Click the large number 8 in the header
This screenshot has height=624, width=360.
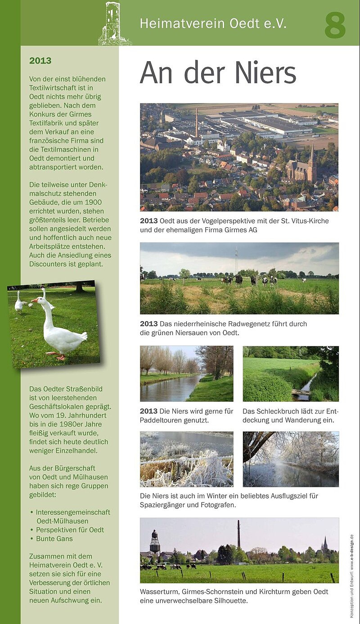tap(335, 26)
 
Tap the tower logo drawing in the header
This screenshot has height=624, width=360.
tap(113, 23)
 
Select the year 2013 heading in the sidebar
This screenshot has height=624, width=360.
tap(40, 61)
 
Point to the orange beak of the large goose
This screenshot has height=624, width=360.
tap(35, 300)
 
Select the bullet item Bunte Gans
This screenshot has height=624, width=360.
tap(54, 539)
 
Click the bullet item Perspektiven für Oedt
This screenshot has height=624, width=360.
tap(70, 530)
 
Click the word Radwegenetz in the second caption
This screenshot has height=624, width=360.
tap(260, 323)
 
